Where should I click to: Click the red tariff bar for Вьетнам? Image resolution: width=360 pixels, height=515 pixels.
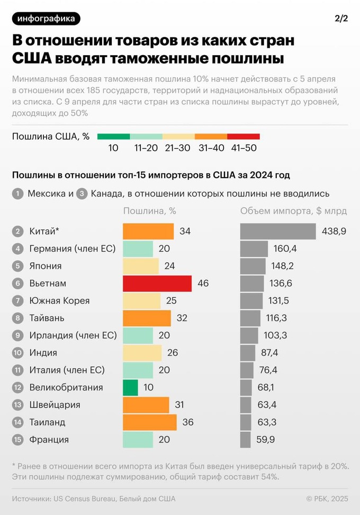pyautogui.click(x=157, y=283)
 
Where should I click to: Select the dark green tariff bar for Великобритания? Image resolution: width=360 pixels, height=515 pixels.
pyautogui.click(x=130, y=387)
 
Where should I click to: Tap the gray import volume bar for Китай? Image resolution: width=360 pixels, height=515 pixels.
pyautogui.click(x=278, y=232)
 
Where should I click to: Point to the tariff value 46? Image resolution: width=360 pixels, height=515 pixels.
pyautogui.click(x=203, y=283)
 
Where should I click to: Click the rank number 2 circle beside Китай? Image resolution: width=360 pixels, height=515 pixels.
pyautogui.click(x=17, y=232)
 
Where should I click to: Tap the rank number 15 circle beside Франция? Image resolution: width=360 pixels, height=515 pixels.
pyautogui.click(x=17, y=439)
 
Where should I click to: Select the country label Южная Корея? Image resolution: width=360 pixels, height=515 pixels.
pyautogui.click(x=59, y=300)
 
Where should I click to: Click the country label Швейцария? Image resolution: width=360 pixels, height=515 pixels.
pyautogui.click(x=55, y=405)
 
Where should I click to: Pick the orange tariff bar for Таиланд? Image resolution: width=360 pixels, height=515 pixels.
pyautogui.click(x=150, y=422)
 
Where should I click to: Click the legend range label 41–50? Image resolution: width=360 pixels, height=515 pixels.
pyautogui.click(x=244, y=148)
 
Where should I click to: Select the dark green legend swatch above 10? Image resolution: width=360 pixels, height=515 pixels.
pyautogui.click(x=113, y=136)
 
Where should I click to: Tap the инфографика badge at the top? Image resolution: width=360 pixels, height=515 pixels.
pyautogui.click(x=46, y=19)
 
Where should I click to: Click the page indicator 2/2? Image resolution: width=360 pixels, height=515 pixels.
pyautogui.click(x=341, y=19)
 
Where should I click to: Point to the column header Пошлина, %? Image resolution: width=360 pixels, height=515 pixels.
pyautogui.click(x=150, y=211)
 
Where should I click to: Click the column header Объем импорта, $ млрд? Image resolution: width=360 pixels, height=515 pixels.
pyautogui.click(x=294, y=211)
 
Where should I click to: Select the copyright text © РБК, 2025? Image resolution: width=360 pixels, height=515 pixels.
pyautogui.click(x=327, y=499)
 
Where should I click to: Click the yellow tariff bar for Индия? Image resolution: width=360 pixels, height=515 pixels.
pyautogui.click(x=142, y=352)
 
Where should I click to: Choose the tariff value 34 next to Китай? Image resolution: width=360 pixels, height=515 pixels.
pyautogui.click(x=185, y=232)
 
